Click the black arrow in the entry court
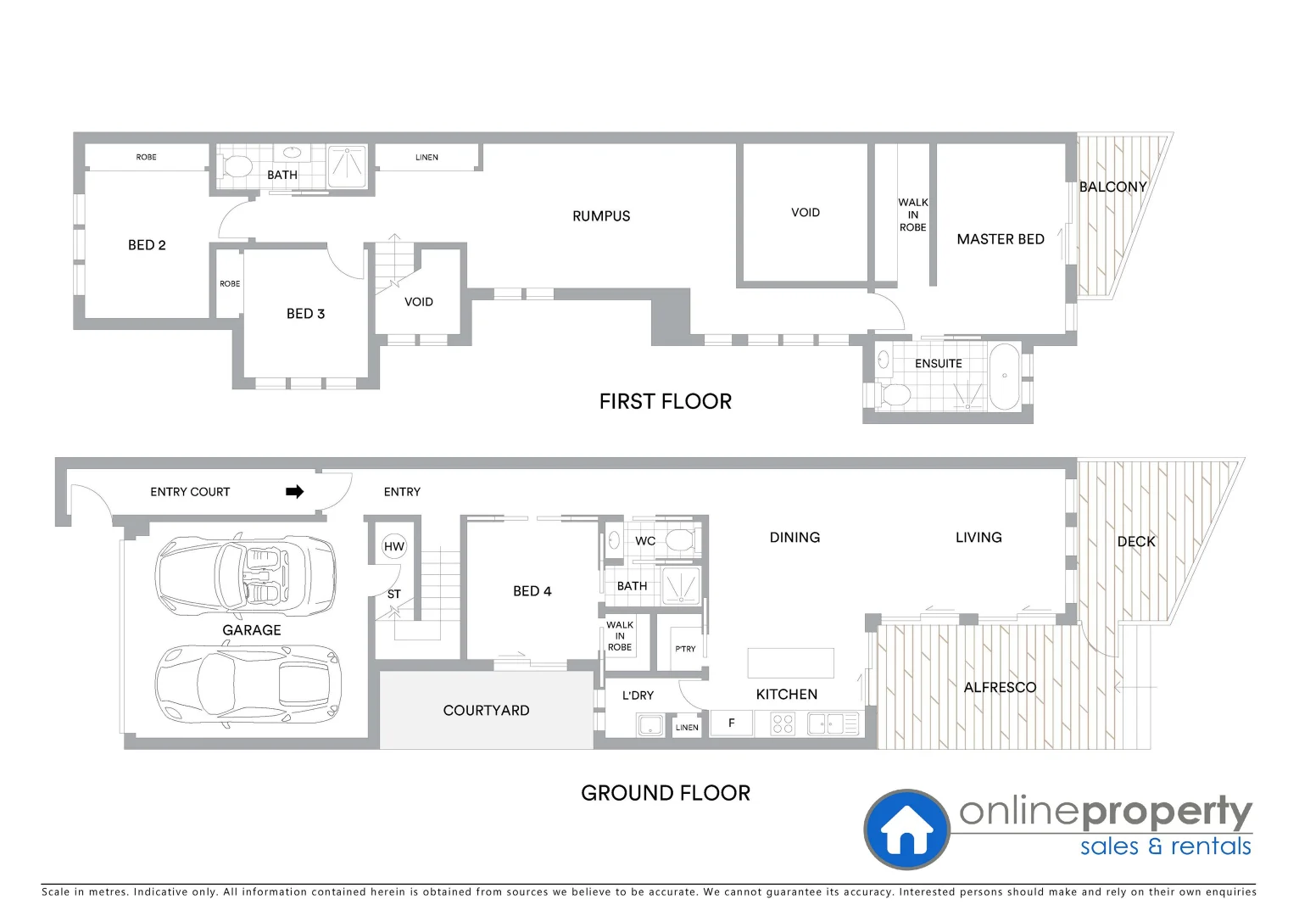click(x=294, y=492)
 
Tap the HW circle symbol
click(x=394, y=546)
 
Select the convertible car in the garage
click(x=245, y=574)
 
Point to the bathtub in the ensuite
click(x=1006, y=377)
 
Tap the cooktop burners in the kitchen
click(x=783, y=723)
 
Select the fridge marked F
click(x=731, y=723)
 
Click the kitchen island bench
click(x=790, y=662)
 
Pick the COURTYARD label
click(x=486, y=711)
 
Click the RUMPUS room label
click(x=601, y=216)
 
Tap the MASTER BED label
click(x=1001, y=239)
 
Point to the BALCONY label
click(x=1112, y=187)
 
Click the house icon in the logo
click(x=906, y=830)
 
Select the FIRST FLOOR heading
click(x=665, y=401)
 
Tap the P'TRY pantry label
click(x=685, y=649)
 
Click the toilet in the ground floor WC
click(x=679, y=539)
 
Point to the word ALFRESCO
click(x=1000, y=687)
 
